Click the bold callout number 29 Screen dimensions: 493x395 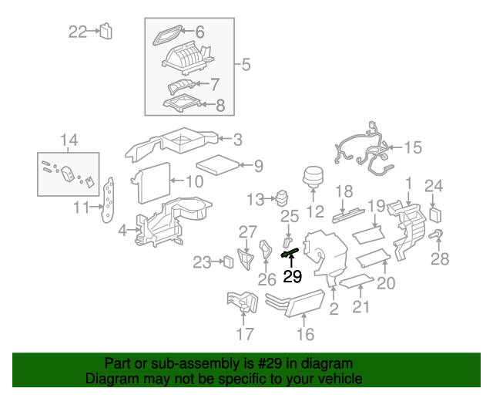tap(293, 276)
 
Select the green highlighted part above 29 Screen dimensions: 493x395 tap(290, 252)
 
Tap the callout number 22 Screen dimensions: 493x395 tap(78, 32)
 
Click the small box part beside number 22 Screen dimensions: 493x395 tap(106, 31)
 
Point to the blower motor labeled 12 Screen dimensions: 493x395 tap(313, 177)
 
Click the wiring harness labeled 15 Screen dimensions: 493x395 tap(364, 148)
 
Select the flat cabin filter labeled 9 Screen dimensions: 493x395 tap(218, 165)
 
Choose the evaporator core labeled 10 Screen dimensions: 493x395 tap(151, 183)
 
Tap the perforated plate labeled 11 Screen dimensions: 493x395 tap(108, 201)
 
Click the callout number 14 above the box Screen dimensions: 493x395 tap(69, 140)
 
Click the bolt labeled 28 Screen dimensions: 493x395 tap(436, 235)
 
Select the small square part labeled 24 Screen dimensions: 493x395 tap(435, 214)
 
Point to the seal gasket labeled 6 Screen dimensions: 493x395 tap(167, 35)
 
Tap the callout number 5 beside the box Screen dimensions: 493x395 tap(246, 65)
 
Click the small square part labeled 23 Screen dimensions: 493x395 tap(229, 262)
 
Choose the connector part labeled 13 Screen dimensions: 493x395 tap(282, 198)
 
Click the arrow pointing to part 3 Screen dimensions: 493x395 tap(225, 138)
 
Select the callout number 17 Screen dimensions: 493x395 tap(245, 334)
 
